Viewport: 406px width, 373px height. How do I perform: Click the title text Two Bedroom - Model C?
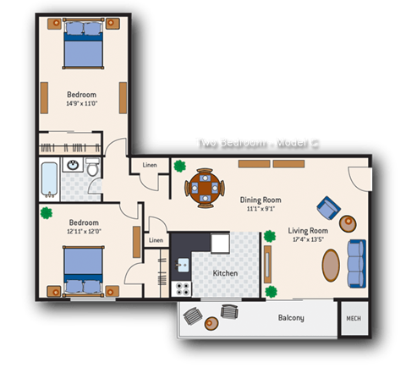point(255,142)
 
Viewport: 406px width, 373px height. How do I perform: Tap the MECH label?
point(353,318)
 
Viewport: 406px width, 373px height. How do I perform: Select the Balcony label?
point(291,318)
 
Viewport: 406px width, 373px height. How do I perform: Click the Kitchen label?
point(225,273)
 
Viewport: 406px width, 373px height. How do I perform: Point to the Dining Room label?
point(261,200)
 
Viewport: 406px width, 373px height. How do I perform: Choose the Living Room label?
point(308,229)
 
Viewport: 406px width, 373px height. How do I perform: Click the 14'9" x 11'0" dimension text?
point(82,104)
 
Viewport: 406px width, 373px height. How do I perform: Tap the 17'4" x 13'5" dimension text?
point(308,239)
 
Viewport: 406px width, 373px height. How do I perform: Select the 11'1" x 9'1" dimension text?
point(261,209)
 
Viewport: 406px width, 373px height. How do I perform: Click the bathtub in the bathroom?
point(47,178)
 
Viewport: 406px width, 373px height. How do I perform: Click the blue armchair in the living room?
point(327,207)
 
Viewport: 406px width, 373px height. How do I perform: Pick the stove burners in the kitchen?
point(181,288)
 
